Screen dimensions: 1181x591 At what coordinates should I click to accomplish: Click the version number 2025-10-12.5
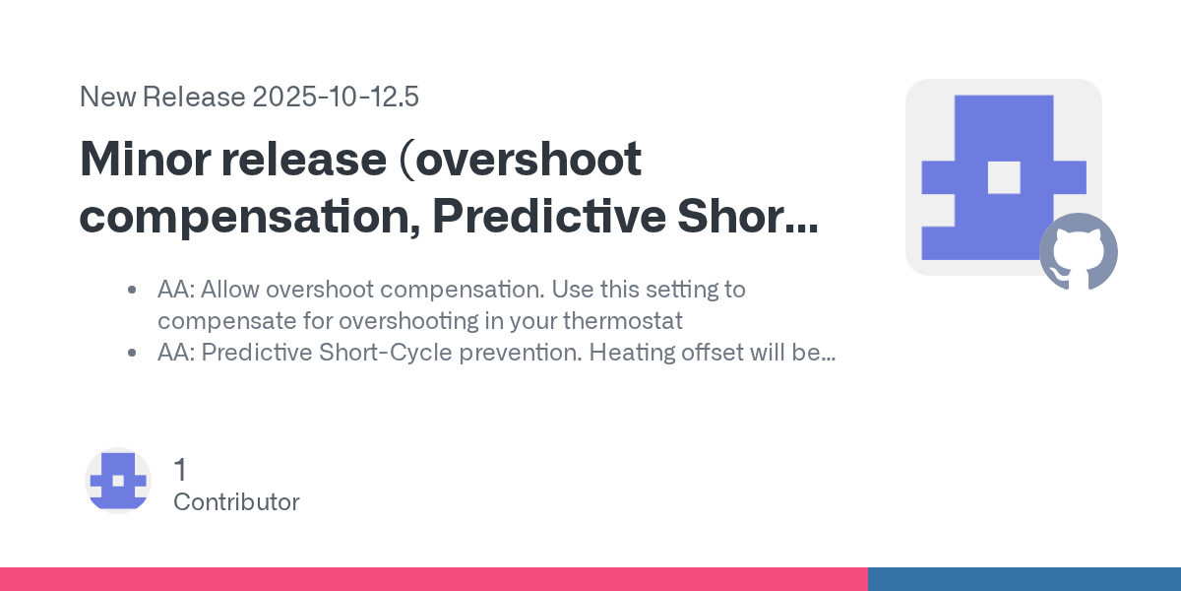(x=336, y=98)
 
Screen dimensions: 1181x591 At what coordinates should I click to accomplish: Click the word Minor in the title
(x=145, y=159)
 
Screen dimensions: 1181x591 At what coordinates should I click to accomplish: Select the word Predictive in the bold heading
(x=549, y=216)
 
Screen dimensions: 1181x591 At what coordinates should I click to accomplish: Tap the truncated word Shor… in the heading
(x=748, y=216)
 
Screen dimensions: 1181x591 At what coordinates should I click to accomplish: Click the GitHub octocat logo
(x=1079, y=252)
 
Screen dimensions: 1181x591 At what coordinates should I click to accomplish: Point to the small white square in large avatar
(x=1004, y=177)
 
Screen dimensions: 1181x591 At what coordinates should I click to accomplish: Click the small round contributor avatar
(x=118, y=481)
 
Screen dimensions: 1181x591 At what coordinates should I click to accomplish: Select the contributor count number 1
(x=180, y=469)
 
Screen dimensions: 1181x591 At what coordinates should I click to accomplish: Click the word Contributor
(x=236, y=501)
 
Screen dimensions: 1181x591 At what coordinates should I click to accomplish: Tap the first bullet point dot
(x=132, y=290)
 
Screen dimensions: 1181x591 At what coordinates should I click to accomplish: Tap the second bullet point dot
(x=132, y=353)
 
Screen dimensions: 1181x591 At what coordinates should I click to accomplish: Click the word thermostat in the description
(x=623, y=321)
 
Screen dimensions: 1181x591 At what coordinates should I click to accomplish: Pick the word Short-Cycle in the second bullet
(x=386, y=353)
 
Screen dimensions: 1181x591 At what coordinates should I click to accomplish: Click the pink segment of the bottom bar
(x=434, y=579)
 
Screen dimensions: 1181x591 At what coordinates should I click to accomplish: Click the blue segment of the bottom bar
(x=1025, y=579)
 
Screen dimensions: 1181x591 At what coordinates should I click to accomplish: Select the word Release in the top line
(x=194, y=98)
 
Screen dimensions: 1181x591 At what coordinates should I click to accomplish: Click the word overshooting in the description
(x=408, y=321)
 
